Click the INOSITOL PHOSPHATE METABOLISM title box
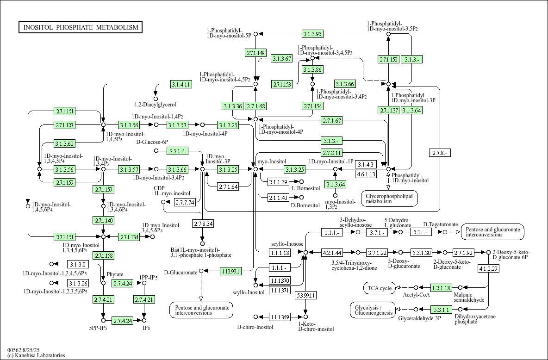pyautogui.click(x=81, y=27)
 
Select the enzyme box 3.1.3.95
pyautogui.click(x=312, y=34)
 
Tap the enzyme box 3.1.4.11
pyautogui.click(x=181, y=84)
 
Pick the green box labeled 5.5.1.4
pyautogui.click(x=177, y=151)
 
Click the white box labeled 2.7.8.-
pyautogui.click(x=440, y=153)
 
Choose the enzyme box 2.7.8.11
pyautogui.click(x=332, y=153)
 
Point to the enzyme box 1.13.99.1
pyautogui.click(x=230, y=271)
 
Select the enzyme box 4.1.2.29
pyautogui.click(x=488, y=269)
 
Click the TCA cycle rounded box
pyautogui.click(x=380, y=288)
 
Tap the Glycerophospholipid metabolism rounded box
pyautogui.click(x=389, y=199)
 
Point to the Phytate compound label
pyautogui.click(x=115, y=274)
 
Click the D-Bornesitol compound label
pyautogui.click(x=305, y=205)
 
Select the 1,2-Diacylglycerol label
pyautogui.click(x=155, y=105)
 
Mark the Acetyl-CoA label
pyautogui.click(x=416, y=295)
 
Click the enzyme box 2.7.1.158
pyautogui.click(x=103, y=255)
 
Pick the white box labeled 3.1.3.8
pyautogui.click(x=77, y=264)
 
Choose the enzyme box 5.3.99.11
pyautogui.click(x=305, y=295)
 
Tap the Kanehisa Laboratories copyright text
pyautogui.click(x=36, y=355)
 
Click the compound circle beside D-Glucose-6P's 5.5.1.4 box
pyautogui.click(x=156, y=151)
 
